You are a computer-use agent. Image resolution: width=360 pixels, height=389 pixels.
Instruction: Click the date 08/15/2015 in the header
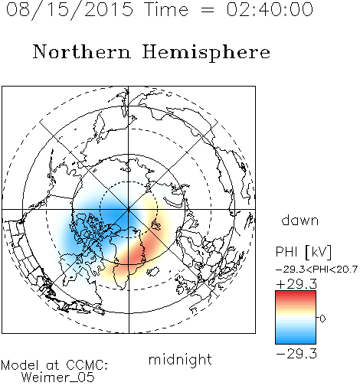tap(70, 10)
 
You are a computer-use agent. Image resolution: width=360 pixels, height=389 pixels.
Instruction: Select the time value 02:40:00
tap(270, 9)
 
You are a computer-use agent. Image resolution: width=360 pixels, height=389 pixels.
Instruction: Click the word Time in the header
tap(166, 9)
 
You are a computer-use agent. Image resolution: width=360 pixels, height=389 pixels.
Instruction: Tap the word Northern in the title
tap(82, 52)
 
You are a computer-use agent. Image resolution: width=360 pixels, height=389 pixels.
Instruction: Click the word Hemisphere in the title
tap(206, 53)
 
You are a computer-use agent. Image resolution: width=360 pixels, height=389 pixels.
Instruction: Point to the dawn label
tap(300, 220)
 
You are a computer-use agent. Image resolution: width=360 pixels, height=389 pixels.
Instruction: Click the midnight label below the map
tap(180, 359)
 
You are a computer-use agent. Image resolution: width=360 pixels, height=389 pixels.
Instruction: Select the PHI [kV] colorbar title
tap(303, 252)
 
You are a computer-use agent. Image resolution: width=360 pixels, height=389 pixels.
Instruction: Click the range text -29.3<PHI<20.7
tap(317, 270)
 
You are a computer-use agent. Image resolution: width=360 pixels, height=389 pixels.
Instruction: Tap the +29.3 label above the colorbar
tap(296, 284)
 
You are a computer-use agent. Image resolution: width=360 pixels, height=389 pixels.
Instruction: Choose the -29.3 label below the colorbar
tap(296, 354)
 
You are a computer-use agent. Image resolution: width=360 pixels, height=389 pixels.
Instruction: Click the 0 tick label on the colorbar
tap(322, 319)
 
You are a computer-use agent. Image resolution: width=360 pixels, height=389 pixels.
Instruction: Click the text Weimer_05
tap(58, 378)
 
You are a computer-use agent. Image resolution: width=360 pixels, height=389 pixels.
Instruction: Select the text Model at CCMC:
tap(54, 365)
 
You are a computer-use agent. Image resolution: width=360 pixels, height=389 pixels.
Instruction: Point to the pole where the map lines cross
tap(129, 210)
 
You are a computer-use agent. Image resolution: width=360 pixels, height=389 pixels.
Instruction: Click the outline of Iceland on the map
tap(153, 271)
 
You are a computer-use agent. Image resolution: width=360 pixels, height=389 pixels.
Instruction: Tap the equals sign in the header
tap(208, 11)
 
